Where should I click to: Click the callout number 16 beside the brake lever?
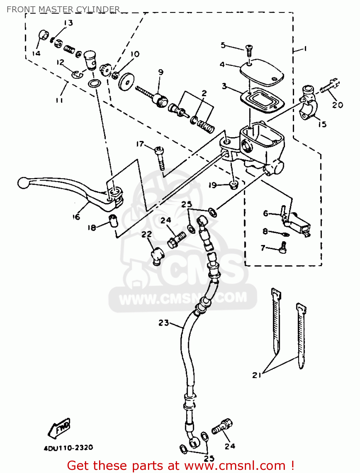point(76,217)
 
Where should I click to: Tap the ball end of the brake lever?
point(23,183)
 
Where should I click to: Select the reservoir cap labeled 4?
point(262,73)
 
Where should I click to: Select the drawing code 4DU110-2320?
point(68,448)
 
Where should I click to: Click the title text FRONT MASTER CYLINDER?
point(63,9)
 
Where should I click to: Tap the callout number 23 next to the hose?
point(164,323)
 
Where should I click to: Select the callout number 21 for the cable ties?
point(257,375)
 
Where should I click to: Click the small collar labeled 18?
point(113,220)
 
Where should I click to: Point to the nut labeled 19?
point(233,185)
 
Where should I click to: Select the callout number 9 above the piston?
point(161,72)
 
